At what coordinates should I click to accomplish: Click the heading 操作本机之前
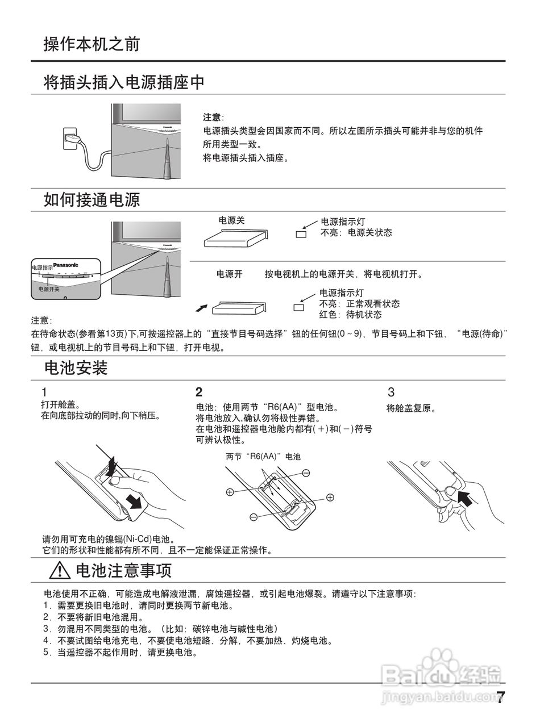tap(92, 44)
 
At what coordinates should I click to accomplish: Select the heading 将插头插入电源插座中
tap(124, 83)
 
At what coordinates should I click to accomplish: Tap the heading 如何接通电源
tap(92, 200)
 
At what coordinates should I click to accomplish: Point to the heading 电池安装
tap(76, 368)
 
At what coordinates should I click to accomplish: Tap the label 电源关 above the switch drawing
tap(231, 220)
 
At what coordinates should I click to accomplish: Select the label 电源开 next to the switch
tap(230, 274)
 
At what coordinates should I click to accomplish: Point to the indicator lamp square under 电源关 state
tap(301, 234)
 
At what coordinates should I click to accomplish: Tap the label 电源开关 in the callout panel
tap(49, 289)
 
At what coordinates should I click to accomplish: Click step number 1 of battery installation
tap(44, 392)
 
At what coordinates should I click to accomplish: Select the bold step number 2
tap(199, 392)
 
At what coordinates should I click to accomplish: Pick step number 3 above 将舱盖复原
tap(390, 392)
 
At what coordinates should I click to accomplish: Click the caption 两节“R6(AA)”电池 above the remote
tap(263, 456)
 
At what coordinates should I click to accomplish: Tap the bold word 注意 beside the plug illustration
tap(213, 118)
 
